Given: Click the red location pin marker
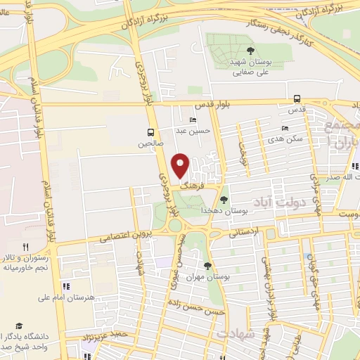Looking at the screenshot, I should (x=181, y=165).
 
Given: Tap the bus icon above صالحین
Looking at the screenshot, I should (x=150, y=131).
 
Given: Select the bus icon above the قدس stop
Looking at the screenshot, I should (x=297, y=99).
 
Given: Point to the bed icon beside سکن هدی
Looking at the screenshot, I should (x=284, y=128).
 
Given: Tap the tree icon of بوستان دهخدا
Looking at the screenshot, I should (x=224, y=200).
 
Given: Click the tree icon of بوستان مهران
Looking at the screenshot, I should (x=207, y=266).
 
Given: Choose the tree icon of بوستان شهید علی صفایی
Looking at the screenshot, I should (x=250, y=49).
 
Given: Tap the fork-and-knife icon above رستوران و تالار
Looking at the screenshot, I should (x=25, y=247).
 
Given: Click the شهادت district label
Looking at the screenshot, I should (x=236, y=333).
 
